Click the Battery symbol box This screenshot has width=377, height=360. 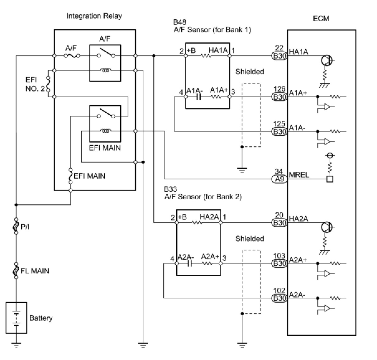point(16,318)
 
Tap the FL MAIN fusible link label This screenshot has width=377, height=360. point(35,271)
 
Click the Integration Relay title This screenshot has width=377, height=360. point(94,16)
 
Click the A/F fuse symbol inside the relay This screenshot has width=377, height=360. point(72,56)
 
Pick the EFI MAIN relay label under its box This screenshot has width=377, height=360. point(105,148)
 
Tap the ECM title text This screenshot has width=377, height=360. point(321,19)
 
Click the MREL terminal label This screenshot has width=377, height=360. point(299,175)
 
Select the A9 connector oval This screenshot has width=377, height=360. point(279,179)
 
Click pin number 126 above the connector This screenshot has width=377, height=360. point(279,89)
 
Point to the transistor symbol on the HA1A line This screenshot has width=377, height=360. point(327,60)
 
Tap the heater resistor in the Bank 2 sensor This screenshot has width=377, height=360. point(197,223)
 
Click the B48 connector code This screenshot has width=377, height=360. point(179,22)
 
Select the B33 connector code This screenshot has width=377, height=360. point(170,189)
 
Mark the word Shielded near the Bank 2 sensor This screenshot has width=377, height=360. point(250,239)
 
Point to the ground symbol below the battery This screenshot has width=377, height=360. point(16,345)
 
